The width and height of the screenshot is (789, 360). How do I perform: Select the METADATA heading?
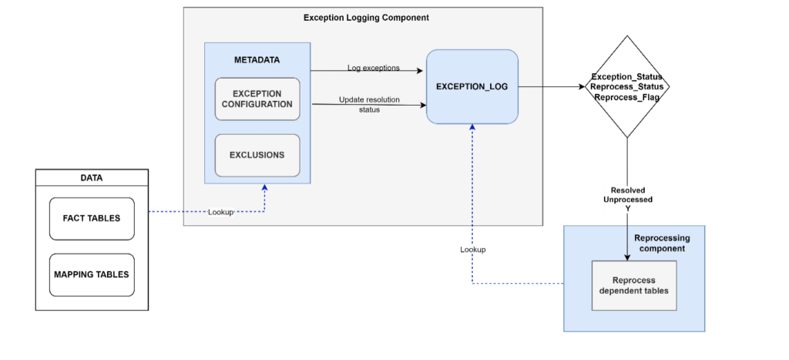point(257,60)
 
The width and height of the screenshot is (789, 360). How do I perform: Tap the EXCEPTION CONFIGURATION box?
point(257,99)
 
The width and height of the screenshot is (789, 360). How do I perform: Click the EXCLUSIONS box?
point(257,155)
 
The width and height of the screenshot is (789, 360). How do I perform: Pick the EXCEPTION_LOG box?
point(472,86)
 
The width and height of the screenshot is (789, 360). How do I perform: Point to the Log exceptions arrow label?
point(373,68)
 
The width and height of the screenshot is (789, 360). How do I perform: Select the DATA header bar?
point(91,178)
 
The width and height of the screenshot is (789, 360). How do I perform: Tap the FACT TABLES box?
point(91,218)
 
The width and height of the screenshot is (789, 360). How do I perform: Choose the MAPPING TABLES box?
point(91,274)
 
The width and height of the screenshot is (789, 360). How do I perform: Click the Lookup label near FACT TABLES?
point(220,211)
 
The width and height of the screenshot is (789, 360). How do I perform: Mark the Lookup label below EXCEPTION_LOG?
point(472,250)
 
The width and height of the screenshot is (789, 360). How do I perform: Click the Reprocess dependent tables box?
point(633,285)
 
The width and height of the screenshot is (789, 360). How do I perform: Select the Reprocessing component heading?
point(661,244)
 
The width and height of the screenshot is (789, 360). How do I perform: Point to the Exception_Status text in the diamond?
point(626,77)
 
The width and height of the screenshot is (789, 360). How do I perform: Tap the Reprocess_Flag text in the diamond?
point(626,98)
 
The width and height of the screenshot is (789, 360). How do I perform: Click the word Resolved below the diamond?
point(627,190)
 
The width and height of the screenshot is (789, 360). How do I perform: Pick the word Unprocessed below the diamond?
point(627,199)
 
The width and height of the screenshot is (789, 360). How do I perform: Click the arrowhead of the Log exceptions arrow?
point(421,71)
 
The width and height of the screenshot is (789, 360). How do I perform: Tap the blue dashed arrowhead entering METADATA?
point(265,187)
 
